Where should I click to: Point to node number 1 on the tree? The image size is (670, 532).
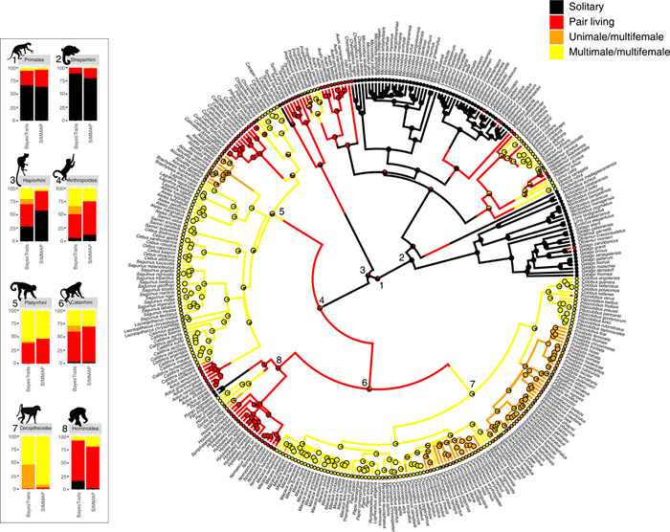381,286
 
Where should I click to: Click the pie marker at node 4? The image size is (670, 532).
322,306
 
